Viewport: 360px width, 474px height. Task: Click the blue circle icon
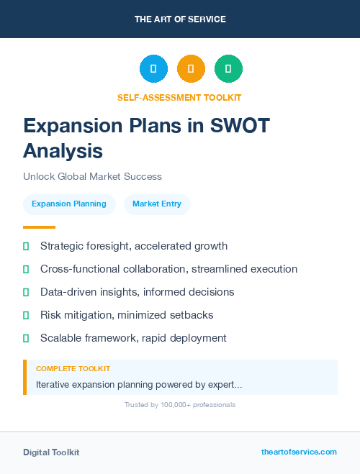(x=153, y=69)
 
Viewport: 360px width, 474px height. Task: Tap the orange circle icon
(x=191, y=69)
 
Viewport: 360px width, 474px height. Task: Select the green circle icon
(x=228, y=69)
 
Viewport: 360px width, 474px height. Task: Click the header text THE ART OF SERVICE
(x=180, y=19)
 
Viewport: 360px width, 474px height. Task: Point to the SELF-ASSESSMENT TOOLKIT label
(x=180, y=97)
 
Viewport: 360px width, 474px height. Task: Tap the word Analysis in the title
(x=63, y=150)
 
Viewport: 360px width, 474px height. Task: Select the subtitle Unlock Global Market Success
(x=92, y=176)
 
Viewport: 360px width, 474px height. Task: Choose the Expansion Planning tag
(x=69, y=204)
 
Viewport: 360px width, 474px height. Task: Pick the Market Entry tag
(x=157, y=204)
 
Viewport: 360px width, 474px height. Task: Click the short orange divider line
(x=40, y=227)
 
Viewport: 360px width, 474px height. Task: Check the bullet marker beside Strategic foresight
(x=26, y=246)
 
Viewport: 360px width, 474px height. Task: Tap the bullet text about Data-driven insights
(x=137, y=292)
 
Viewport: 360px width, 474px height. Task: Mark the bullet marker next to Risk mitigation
(x=26, y=315)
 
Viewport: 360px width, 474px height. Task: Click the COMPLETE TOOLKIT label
(x=73, y=368)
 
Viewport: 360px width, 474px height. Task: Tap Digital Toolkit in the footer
(x=51, y=452)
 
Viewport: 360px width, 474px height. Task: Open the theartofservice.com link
(x=299, y=452)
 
